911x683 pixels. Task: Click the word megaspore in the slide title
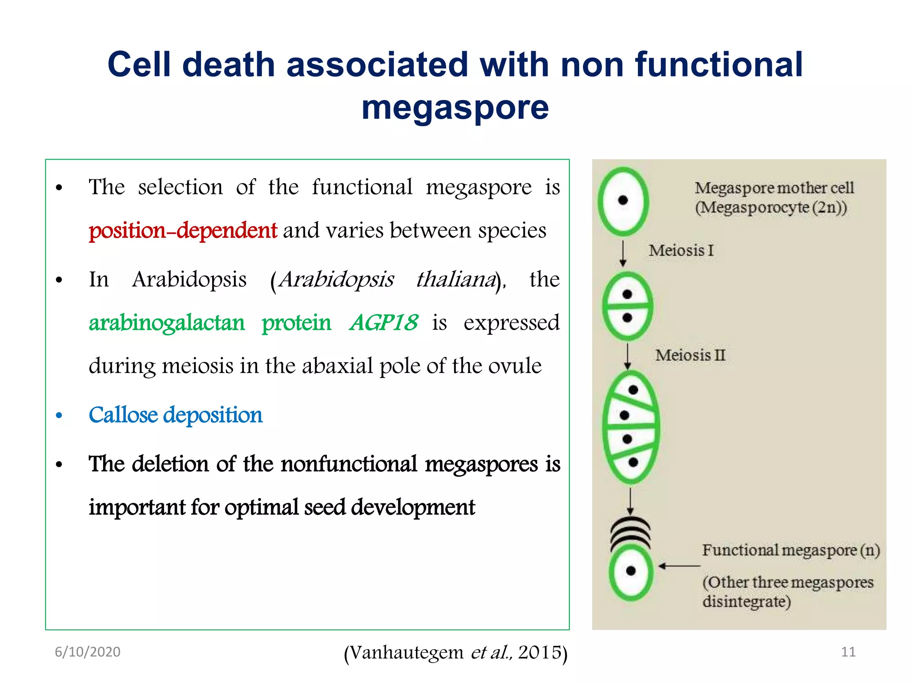coord(455,108)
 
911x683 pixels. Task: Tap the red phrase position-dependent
coord(183,231)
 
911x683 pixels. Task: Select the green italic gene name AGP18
coord(384,322)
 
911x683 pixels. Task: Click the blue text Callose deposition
coord(175,415)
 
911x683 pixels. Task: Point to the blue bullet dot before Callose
coord(59,416)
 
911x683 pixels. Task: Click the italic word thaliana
coord(456,280)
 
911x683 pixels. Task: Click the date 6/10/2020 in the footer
coord(88,652)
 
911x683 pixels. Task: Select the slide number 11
coord(848,652)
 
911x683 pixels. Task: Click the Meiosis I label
coord(681,250)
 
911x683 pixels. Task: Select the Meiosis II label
coord(690,355)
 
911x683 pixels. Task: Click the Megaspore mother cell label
coord(774,188)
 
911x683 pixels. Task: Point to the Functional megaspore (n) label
coord(791,550)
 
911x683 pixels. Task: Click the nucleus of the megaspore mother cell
coord(623,201)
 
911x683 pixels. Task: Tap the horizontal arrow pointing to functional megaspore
coord(679,566)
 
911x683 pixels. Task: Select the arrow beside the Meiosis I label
coord(623,253)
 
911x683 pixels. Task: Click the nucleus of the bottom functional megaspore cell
coord(631,571)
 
